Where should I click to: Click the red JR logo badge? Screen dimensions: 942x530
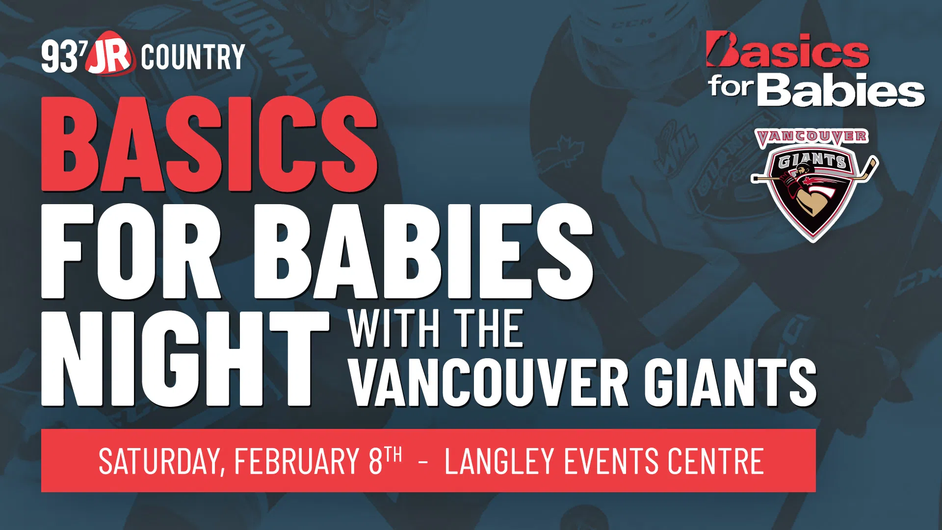[x=110, y=54]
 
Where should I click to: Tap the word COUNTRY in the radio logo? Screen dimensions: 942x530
[x=193, y=57]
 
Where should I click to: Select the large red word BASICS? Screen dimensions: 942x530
[x=209, y=143]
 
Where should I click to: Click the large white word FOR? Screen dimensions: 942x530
[x=131, y=251]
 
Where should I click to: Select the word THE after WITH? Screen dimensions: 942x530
[x=489, y=329]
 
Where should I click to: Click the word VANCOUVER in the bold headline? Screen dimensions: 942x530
[x=489, y=383]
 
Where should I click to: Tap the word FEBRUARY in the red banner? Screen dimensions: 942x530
[x=297, y=461]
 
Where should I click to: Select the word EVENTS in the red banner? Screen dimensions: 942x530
[x=611, y=461]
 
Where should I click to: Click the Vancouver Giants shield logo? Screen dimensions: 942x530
[x=814, y=185]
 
